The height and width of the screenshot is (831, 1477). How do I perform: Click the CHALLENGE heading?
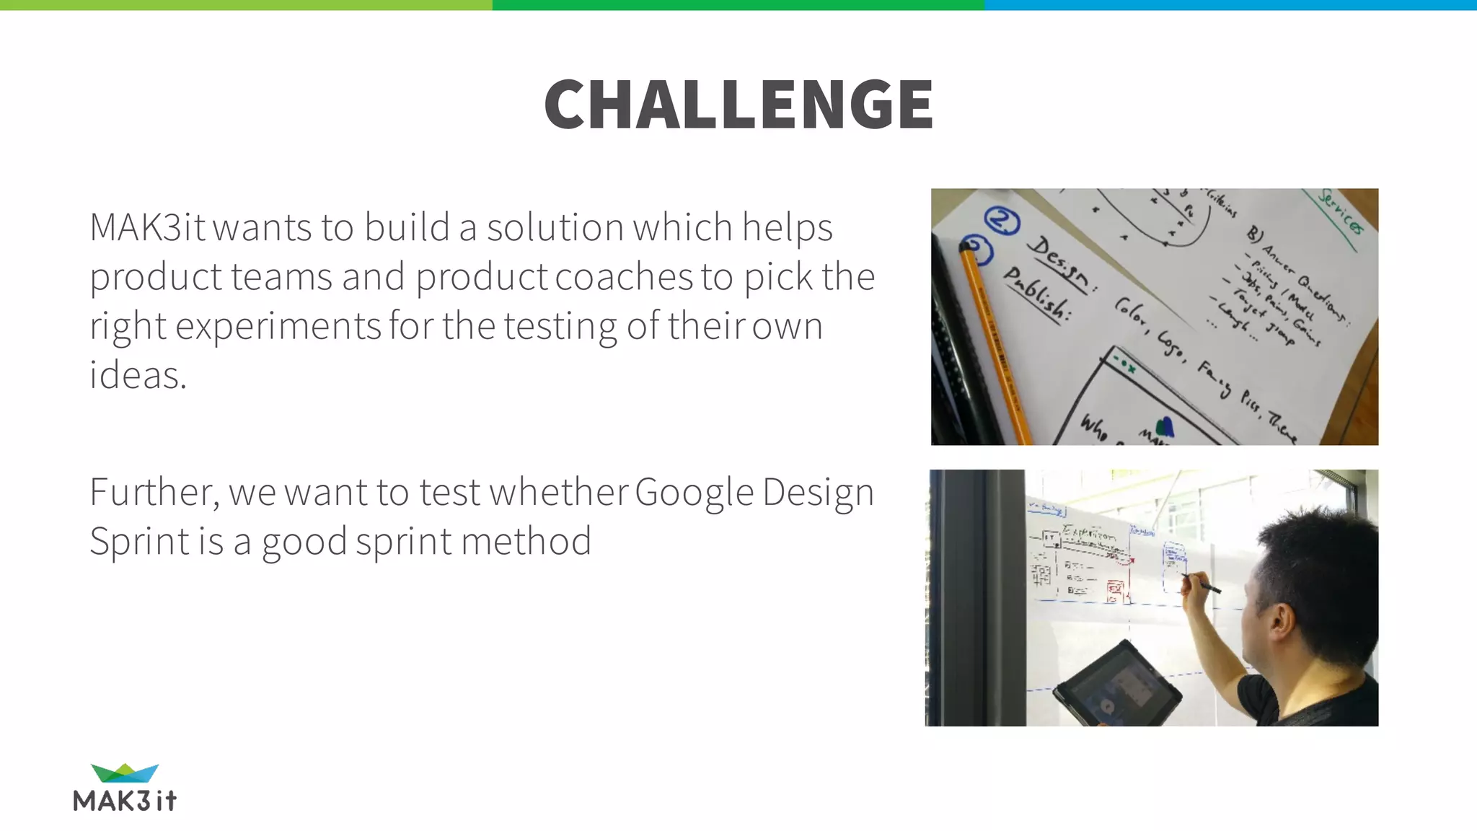pos(738,105)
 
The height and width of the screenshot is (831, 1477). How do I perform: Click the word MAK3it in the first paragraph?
pos(147,227)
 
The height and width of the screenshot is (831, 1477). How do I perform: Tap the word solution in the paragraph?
pos(555,227)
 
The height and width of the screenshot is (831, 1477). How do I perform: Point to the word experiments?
pos(278,326)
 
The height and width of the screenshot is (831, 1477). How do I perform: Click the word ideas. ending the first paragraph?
pos(138,375)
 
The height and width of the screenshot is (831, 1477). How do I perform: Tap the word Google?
pos(694,494)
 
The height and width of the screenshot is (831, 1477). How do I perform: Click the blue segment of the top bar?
pos(1230,5)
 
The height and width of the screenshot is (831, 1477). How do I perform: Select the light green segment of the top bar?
pos(246,5)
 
